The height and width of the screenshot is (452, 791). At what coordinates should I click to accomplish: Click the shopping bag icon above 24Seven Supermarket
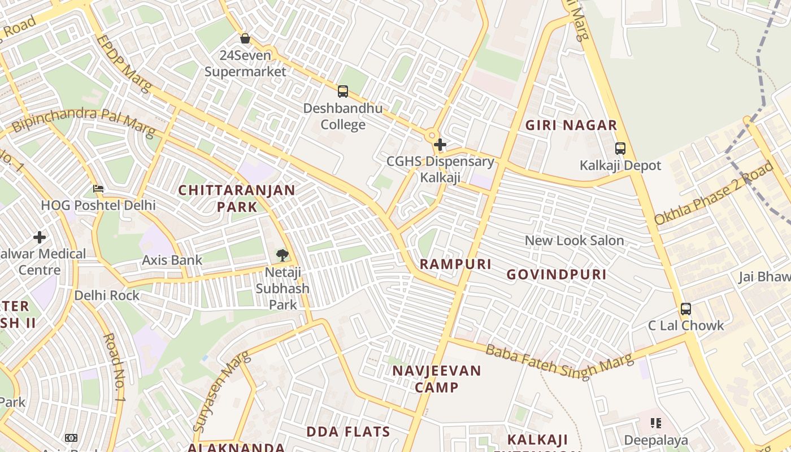point(245,38)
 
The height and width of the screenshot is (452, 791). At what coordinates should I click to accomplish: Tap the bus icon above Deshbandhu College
point(342,91)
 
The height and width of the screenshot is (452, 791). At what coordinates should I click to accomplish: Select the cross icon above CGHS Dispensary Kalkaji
point(440,145)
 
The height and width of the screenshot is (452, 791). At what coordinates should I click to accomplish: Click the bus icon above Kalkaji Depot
point(620,149)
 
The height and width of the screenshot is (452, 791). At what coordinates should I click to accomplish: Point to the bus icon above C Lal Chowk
point(685,309)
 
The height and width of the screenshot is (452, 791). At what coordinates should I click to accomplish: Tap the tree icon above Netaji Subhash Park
point(282,255)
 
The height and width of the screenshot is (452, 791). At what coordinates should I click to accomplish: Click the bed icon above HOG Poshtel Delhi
point(98,188)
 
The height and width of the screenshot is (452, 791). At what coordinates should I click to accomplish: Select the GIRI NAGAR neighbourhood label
point(571,125)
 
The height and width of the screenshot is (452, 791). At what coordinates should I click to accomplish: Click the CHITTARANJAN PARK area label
point(237,198)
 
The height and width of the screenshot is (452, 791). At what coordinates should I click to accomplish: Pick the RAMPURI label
point(455,264)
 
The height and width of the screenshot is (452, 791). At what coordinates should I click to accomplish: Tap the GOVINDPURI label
point(556,275)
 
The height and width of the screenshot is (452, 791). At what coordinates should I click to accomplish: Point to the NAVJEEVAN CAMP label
point(437,379)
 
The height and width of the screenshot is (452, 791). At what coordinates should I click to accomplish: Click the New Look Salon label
point(574,241)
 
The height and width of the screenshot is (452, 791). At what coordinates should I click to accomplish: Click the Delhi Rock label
point(107,295)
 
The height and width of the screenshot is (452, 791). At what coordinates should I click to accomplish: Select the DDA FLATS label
point(348,432)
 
